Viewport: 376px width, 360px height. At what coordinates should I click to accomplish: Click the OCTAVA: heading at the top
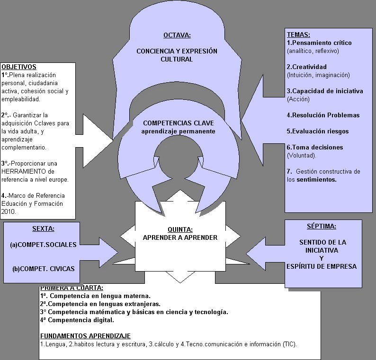pyautogui.click(x=177, y=35)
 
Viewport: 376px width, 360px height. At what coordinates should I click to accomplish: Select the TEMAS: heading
pyautogui.click(x=298, y=35)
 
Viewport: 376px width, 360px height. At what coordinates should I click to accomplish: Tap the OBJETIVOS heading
pyautogui.click(x=19, y=67)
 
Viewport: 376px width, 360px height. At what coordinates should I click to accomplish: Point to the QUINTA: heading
pyautogui.click(x=180, y=230)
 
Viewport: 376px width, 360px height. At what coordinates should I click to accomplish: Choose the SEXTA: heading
pyautogui.click(x=43, y=229)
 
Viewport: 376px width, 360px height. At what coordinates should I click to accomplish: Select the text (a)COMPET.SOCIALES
pyautogui.click(x=43, y=245)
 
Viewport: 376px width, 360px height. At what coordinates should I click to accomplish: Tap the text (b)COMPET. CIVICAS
pyautogui.click(x=44, y=269)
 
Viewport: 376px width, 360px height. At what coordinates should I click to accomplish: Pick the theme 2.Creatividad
pyautogui.click(x=306, y=67)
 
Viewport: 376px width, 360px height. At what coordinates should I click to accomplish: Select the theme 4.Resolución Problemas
pyautogui.click(x=323, y=115)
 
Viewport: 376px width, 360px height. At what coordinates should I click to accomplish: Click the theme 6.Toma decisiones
pyautogui.click(x=314, y=148)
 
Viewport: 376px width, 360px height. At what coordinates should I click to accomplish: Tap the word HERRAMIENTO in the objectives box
pyautogui.click(x=22, y=171)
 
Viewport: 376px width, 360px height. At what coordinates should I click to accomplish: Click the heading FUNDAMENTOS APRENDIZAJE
pyautogui.click(x=85, y=336)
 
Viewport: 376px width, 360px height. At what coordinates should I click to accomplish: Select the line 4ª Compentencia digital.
pyautogui.click(x=77, y=320)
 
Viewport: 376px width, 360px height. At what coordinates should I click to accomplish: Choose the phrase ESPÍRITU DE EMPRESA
pyautogui.click(x=322, y=266)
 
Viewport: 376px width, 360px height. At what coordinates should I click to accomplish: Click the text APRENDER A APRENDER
pyautogui.click(x=180, y=237)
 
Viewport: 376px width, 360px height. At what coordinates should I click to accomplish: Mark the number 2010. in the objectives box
pyautogui.click(x=9, y=212)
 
